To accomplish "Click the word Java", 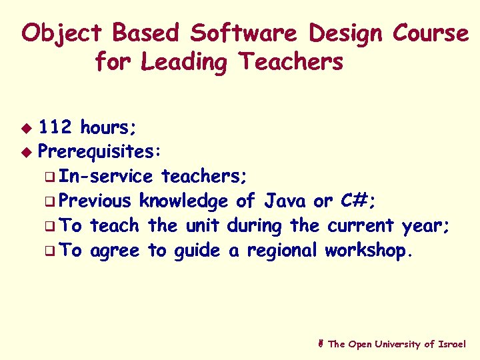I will click(x=286, y=201).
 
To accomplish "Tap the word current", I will click(x=361, y=226).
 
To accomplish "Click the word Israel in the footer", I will click(x=453, y=344).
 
